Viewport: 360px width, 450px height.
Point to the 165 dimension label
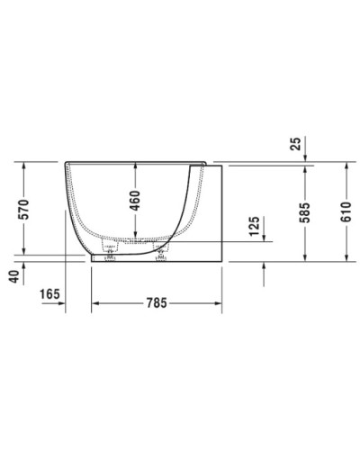51,292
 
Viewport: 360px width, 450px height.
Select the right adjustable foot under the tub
164,258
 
